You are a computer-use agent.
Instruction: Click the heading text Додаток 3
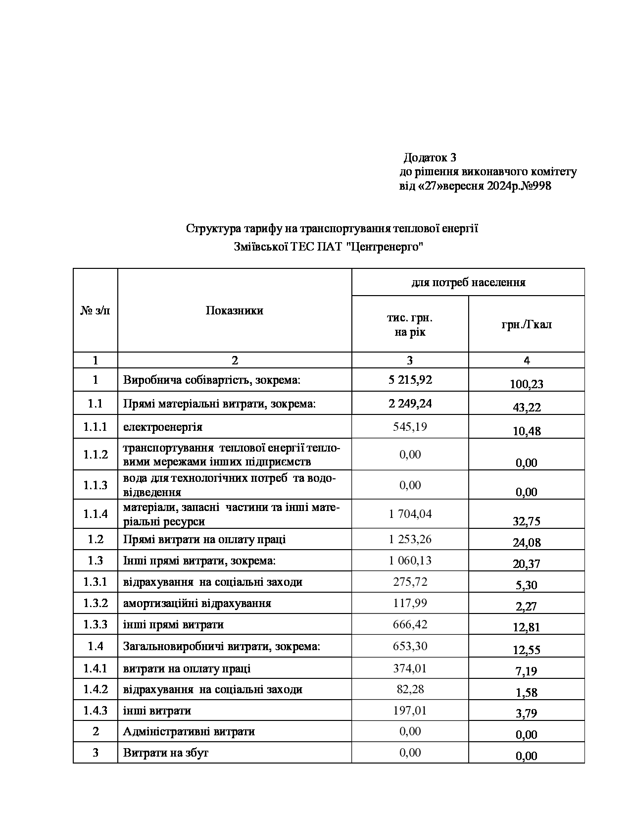[430, 158]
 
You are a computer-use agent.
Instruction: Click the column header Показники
[234, 310]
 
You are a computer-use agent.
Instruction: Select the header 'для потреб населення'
[468, 282]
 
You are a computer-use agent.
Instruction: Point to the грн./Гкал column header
[526, 325]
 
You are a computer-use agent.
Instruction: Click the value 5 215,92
[410, 380]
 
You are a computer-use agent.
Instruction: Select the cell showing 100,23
[526, 384]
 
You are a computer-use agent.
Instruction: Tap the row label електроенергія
[162, 427]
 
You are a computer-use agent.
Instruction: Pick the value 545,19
[410, 426]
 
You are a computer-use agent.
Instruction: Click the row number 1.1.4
[96, 513]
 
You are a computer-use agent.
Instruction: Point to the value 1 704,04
[410, 513]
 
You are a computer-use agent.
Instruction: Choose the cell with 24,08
[526, 543]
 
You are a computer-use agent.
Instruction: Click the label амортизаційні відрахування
[197, 603]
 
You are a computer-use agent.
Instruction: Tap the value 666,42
[410, 624]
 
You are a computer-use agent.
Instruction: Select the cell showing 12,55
[526, 650]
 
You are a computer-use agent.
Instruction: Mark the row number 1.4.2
[96, 689]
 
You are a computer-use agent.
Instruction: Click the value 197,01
[410, 710]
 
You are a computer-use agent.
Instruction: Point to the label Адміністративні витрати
[189, 731]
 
